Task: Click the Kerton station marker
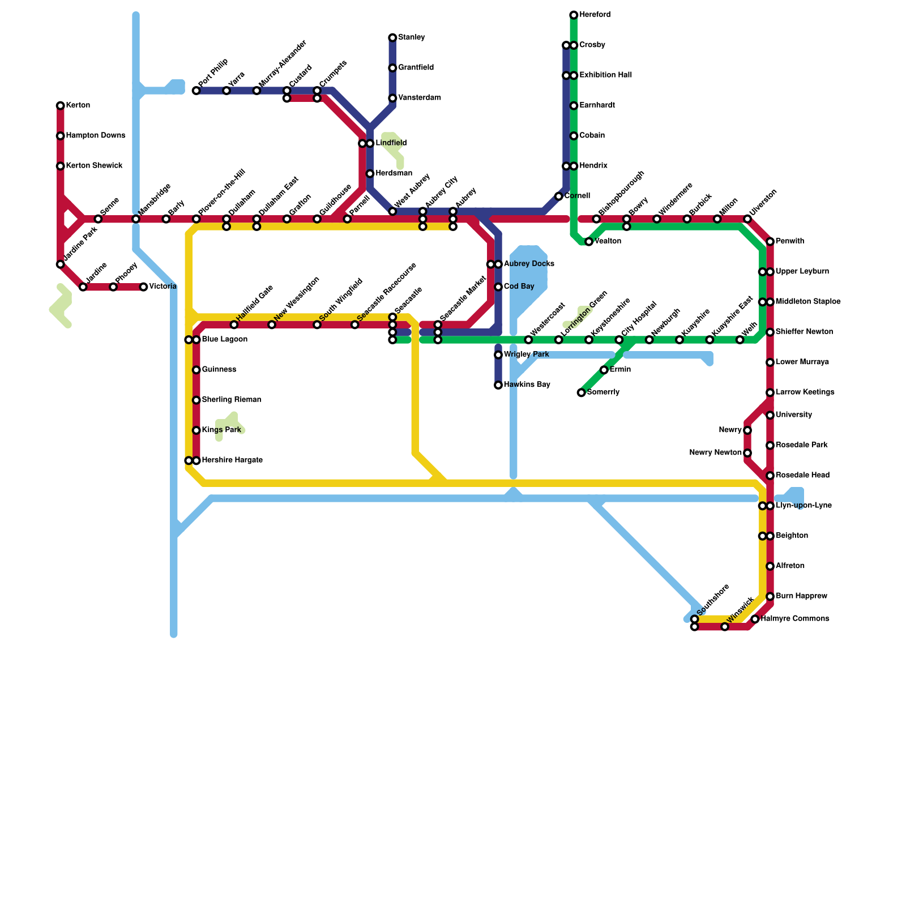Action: (x=61, y=106)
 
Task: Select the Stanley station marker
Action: (x=392, y=38)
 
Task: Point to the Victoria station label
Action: (x=163, y=287)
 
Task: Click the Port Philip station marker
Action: (x=196, y=91)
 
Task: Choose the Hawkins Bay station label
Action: (x=527, y=385)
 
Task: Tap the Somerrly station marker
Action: (x=582, y=392)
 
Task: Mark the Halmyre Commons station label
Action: (x=795, y=619)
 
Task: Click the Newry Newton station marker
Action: (x=747, y=453)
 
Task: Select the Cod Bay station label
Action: (x=519, y=287)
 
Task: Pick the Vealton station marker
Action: (x=589, y=242)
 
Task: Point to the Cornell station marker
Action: (x=559, y=196)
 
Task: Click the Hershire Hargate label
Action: (x=232, y=460)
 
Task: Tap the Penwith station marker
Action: (x=770, y=242)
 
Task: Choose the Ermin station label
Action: (x=620, y=370)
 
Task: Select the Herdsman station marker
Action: (x=370, y=174)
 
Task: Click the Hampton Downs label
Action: (x=95, y=136)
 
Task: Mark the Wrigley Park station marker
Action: (x=498, y=355)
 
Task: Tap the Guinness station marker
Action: (x=196, y=370)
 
